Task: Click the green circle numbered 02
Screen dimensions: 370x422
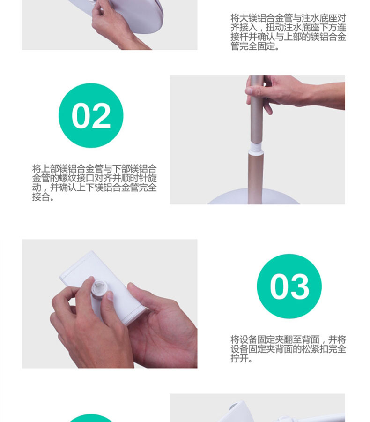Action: tap(91, 115)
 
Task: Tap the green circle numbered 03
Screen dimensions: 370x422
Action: tap(289, 286)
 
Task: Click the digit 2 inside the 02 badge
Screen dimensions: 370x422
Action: tap(101, 116)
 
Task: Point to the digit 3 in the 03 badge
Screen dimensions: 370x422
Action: tap(299, 286)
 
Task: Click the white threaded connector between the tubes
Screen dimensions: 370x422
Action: tap(256, 149)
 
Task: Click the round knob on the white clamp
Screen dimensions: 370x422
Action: tap(99, 288)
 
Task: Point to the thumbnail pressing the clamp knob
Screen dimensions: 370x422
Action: tap(110, 296)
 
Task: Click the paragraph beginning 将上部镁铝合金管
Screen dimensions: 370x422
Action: tap(95, 183)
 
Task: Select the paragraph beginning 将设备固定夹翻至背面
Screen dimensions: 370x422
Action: tap(288, 349)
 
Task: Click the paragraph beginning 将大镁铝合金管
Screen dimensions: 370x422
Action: tap(288, 32)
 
